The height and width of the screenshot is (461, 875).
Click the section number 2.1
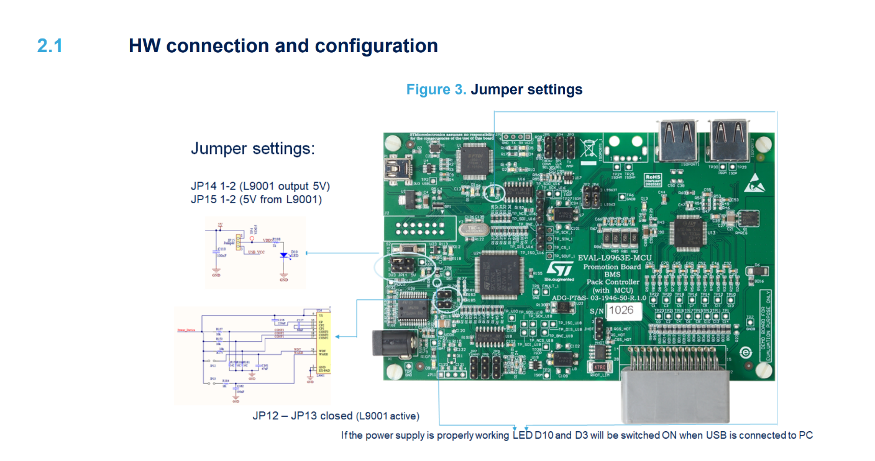pyautogui.click(x=50, y=46)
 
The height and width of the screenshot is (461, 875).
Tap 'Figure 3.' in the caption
pyautogui.click(x=436, y=89)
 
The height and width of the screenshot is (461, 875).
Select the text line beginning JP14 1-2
pyautogui.click(x=260, y=186)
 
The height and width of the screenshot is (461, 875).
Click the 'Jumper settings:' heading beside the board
pyautogui.click(x=253, y=149)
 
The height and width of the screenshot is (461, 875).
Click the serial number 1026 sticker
pyautogui.click(x=623, y=309)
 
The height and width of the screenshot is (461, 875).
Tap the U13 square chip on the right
pyautogui.click(x=689, y=232)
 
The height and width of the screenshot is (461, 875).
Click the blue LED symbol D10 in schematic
pyautogui.click(x=284, y=255)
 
